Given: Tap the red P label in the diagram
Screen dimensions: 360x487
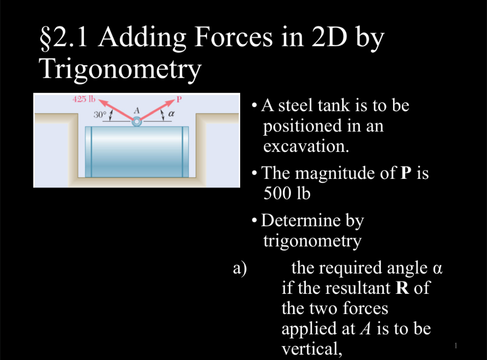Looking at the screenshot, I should point(179,100).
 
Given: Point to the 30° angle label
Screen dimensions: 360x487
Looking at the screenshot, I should point(99,115).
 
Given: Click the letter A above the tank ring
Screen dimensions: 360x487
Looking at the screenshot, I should point(136,110).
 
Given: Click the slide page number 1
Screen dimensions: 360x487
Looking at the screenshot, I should point(456,345).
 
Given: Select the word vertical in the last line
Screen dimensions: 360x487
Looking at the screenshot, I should point(312,348).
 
